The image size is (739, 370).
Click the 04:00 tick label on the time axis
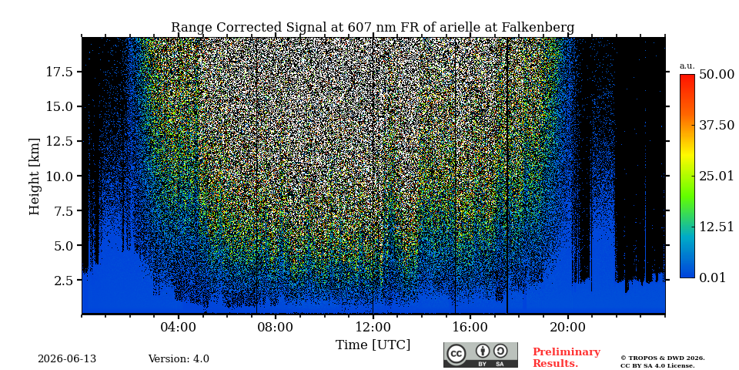(x=179, y=328)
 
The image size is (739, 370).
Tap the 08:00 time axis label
(x=276, y=328)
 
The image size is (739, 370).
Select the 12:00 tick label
(x=373, y=328)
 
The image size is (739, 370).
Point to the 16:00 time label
(x=470, y=328)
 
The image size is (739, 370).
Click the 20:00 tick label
(x=567, y=328)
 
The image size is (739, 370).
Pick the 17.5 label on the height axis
(x=59, y=72)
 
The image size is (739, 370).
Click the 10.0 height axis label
(x=59, y=176)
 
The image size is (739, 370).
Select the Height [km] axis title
(x=35, y=176)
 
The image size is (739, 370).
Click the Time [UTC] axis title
(x=373, y=345)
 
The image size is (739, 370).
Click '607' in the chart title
(x=359, y=28)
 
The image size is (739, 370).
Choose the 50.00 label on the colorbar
(x=717, y=75)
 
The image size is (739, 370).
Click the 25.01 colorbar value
(x=717, y=177)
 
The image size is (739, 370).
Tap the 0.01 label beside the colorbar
(x=713, y=277)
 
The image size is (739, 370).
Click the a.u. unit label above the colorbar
(x=687, y=66)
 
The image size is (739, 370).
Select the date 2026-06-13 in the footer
(x=67, y=359)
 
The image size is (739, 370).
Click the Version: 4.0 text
(x=179, y=359)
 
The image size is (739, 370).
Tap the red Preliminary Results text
(x=567, y=358)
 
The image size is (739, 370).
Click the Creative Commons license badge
(x=480, y=355)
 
